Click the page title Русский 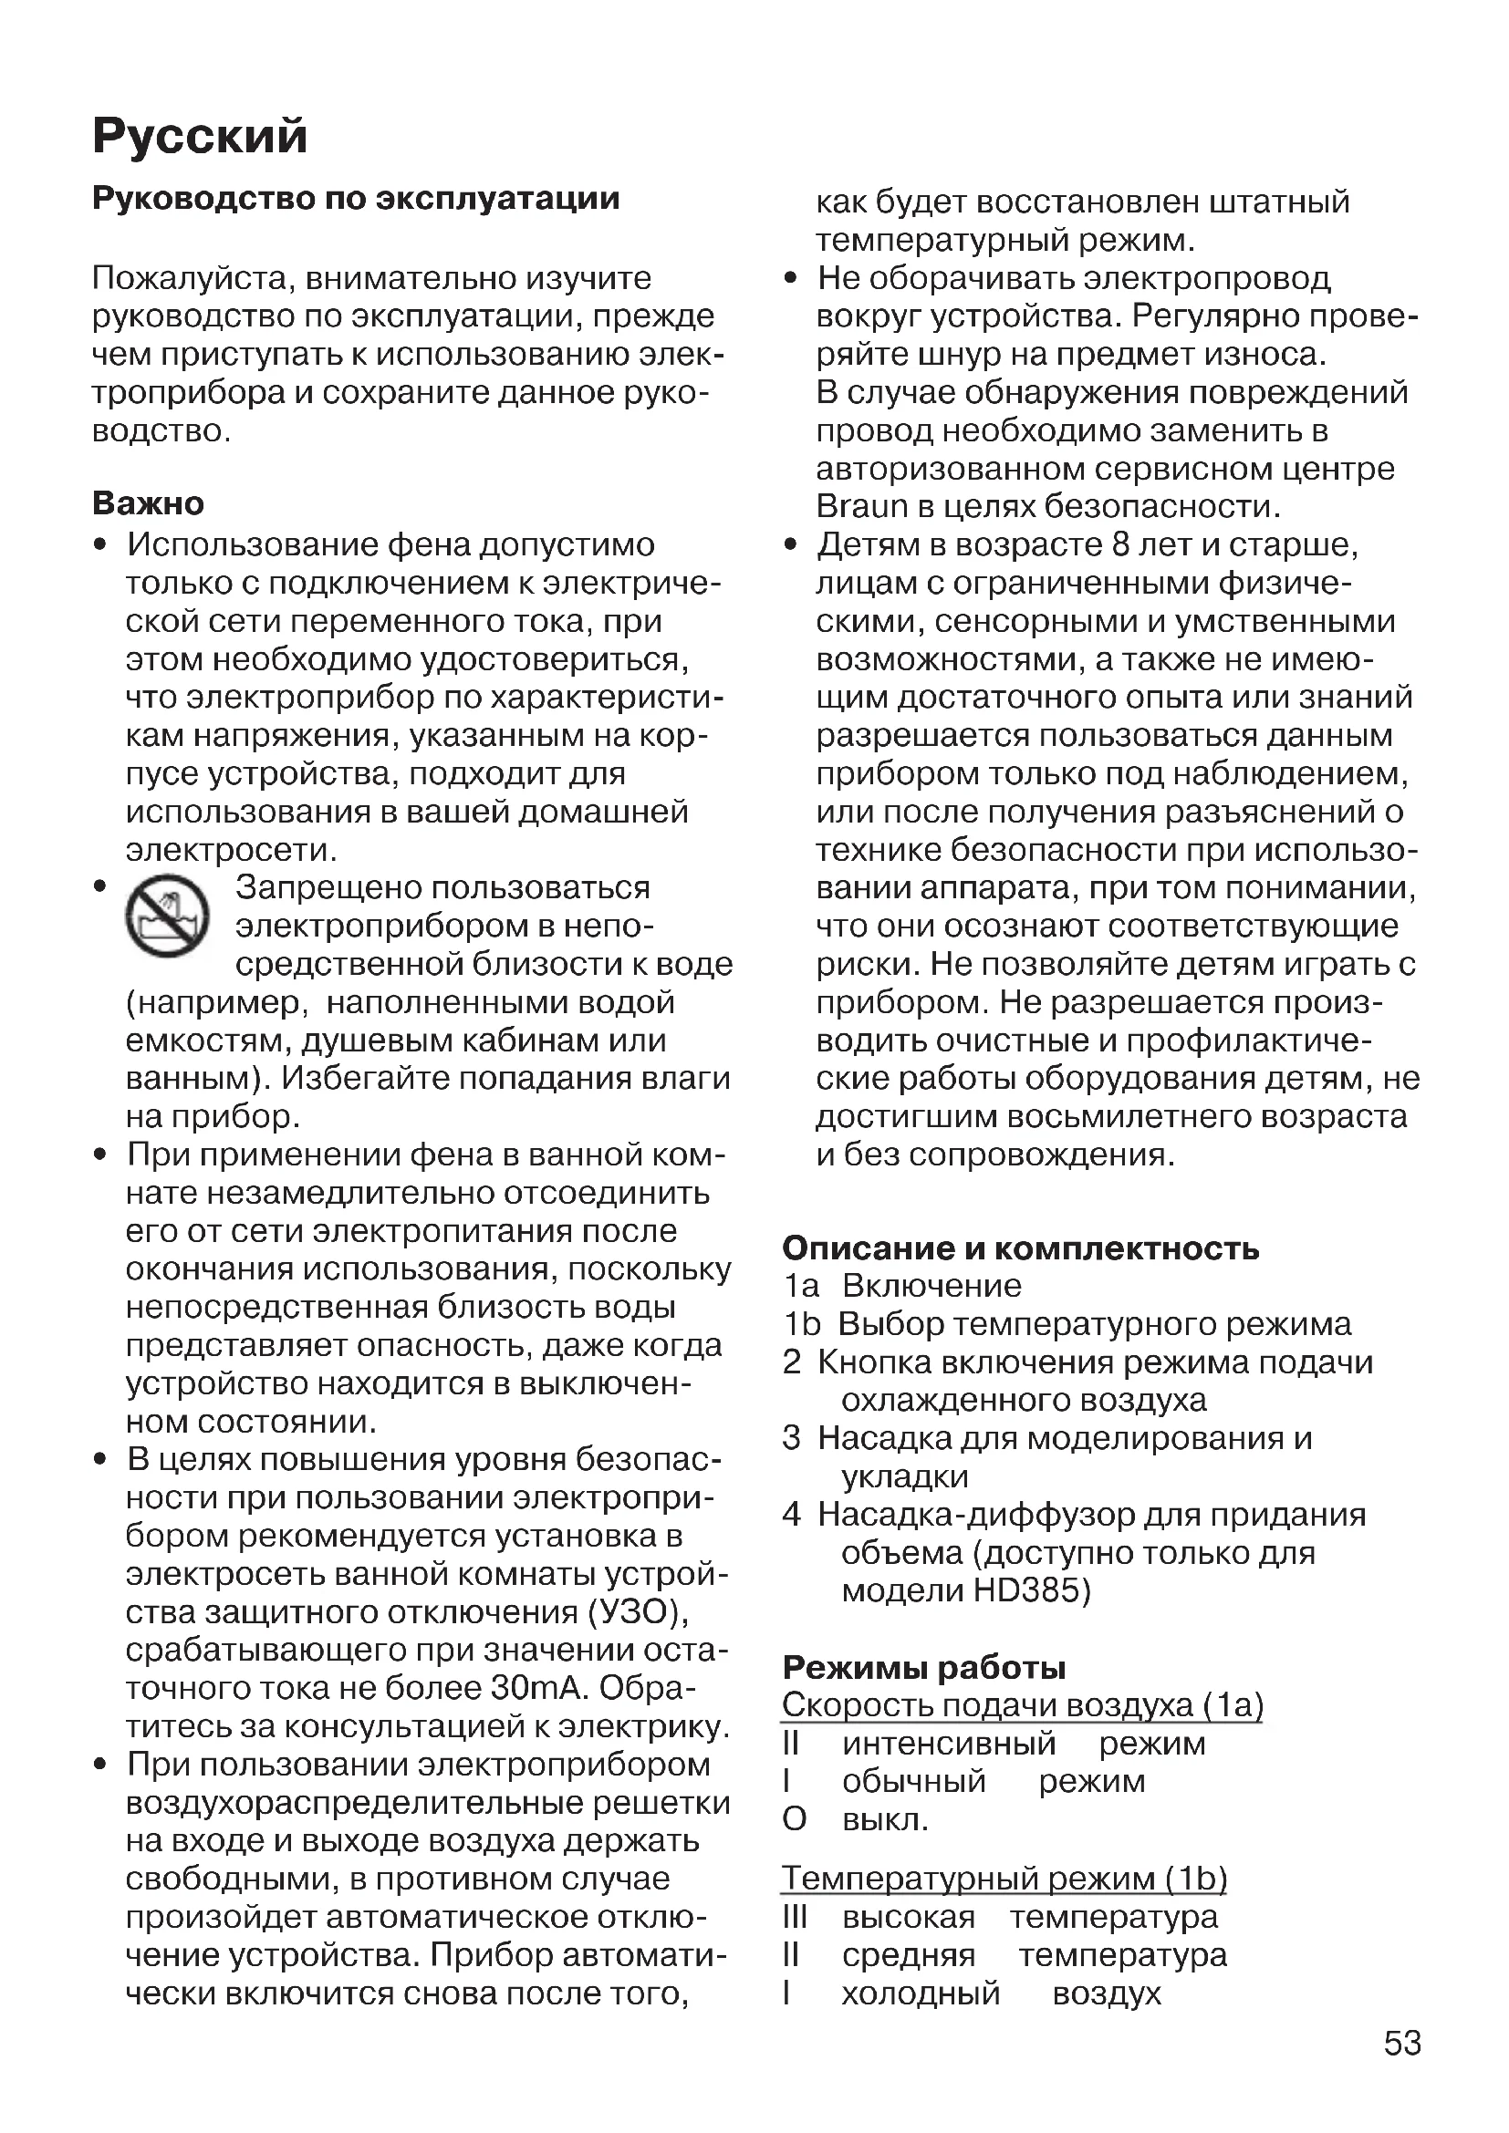click(200, 137)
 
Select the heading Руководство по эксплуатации click(356, 199)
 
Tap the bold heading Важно click(149, 503)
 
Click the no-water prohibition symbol click(167, 916)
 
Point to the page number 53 click(1402, 2043)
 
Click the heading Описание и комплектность click(1020, 1248)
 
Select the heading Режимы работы click(923, 1668)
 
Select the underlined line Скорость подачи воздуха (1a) click(1022, 1705)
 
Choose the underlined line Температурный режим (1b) click(1004, 1879)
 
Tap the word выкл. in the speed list click(885, 1819)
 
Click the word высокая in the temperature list click(908, 1917)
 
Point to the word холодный click(921, 1993)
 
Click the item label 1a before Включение click(801, 1286)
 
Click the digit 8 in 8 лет click(1120, 544)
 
